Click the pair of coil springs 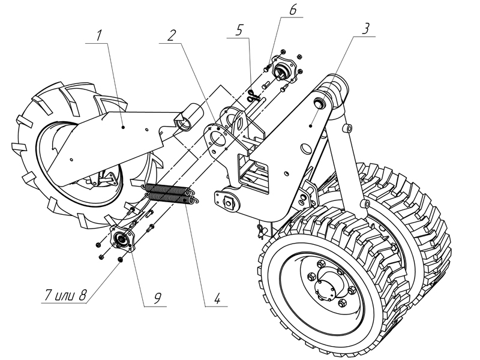point(170,195)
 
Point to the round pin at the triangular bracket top point(320,103)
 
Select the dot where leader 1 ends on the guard point(122,127)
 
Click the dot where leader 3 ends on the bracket point(311,126)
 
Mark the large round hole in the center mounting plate point(220,137)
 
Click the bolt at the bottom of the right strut point(365,205)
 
